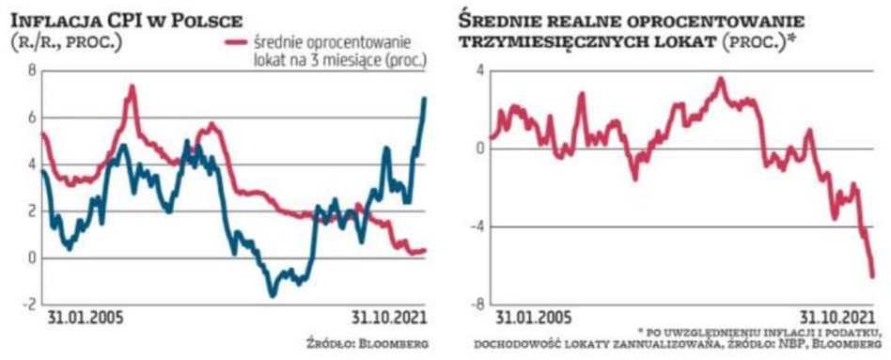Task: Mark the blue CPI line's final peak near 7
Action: (424, 99)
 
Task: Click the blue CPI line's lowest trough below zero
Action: (274, 294)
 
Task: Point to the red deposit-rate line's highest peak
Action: (133, 86)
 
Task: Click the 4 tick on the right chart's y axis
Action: (479, 71)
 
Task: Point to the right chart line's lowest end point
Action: (872, 275)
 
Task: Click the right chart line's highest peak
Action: (721, 79)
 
